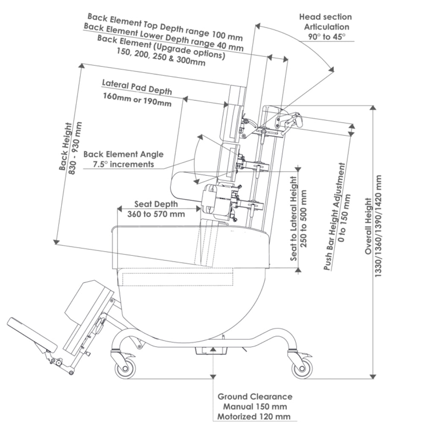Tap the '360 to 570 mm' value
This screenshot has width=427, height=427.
click(156, 213)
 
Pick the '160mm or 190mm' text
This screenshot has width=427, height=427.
click(137, 103)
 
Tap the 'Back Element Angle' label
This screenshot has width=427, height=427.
click(123, 154)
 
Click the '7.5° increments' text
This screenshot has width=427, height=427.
click(123, 164)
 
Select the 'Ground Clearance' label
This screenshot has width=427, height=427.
click(255, 397)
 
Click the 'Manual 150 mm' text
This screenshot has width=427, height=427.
click(255, 407)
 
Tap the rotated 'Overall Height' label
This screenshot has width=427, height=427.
click(369, 226)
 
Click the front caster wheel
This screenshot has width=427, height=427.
click(125, 368)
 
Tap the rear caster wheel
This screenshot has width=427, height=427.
click(301, 368)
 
